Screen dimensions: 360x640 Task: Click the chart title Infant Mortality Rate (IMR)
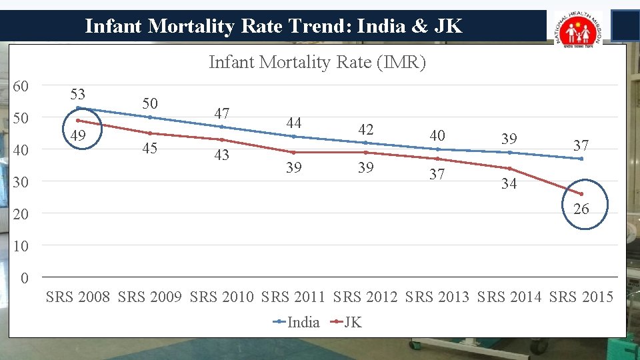tap(317, 62)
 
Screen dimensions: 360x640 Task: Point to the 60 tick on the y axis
tap(21, 87)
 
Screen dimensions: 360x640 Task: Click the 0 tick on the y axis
tap(25, 278)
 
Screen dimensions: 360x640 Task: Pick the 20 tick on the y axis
tap(21, 214)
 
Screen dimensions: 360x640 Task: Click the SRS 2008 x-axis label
tap(78, 297)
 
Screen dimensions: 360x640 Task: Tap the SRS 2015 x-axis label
tap(581, 297)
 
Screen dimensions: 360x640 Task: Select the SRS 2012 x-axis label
tap(365, 297)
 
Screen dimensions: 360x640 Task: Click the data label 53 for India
tap(77, 94)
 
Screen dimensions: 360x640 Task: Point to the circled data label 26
tap(581, 209)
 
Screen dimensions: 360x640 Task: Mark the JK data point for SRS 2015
tap(581, 194)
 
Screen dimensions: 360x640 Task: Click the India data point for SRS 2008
tap(78, 108)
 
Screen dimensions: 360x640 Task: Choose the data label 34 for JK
tap(509, 184)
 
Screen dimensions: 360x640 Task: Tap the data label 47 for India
tap(221, 113)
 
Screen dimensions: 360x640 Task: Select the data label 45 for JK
tap(149, 148)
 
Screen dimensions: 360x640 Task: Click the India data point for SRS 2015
tap(581, 159)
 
